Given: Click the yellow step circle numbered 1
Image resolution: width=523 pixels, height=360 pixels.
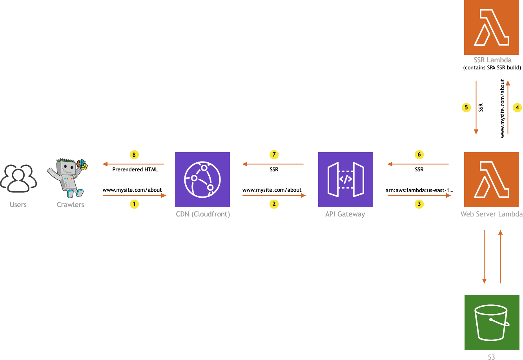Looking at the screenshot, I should (x=134, y=204).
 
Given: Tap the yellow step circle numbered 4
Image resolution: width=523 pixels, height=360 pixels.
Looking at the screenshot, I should (x=517, y=107).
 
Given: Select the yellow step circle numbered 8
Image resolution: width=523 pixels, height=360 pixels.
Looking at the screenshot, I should (x=134, y=155).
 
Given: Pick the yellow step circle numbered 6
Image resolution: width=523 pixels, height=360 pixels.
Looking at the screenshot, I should (x=419, y=155).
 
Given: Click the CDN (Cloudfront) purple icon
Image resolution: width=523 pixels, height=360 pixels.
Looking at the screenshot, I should (x=202, y=179).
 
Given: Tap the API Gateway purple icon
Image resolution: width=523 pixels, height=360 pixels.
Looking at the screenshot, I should (x=346, y=179).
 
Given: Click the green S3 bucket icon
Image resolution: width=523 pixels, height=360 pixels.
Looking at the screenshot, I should (x=492, y=323).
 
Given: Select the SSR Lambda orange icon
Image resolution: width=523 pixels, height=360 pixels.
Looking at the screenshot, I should (x=492, y=27).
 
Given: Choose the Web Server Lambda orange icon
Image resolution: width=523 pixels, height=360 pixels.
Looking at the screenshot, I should (x=492, y=179).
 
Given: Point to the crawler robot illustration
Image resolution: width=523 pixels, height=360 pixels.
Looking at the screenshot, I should (x=67, y=178).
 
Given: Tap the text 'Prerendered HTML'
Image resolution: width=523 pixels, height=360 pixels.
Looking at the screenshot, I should (x=135, y=170).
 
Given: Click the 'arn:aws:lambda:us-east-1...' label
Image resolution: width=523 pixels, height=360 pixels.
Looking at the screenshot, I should (x=419, y=190).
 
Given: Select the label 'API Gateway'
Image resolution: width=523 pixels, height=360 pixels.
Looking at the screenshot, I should (x=345, y=214).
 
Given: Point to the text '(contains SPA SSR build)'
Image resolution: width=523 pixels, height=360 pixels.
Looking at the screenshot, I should (x=492, y=68).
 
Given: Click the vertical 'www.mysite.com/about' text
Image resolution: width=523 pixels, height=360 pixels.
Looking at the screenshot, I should (x=502, y=108).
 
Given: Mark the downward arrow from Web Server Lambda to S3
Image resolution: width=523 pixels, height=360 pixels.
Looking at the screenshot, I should (x=485, y=256).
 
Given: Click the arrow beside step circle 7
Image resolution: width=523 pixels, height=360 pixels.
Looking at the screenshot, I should (x=273, y=164).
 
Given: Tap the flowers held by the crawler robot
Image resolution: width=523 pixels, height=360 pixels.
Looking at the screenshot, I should (x=82, y=164).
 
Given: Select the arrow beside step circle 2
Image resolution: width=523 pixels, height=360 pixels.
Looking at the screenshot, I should (x=274, y=195).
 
